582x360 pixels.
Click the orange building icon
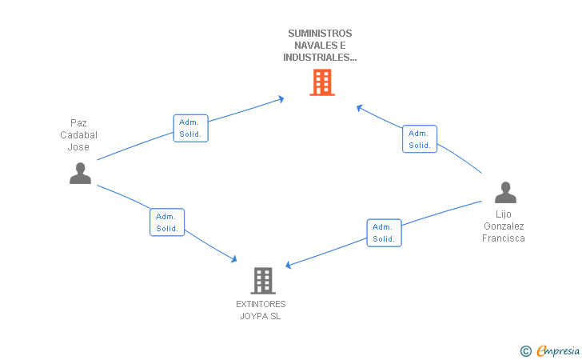[322, 82]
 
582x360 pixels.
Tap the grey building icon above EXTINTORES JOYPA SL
[263, 281]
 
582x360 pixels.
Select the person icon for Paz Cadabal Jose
[80, 173]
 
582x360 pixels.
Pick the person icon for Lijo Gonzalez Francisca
[505, 193]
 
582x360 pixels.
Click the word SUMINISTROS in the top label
[320, 34]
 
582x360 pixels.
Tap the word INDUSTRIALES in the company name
[317, 58]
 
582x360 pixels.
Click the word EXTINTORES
[261, 304]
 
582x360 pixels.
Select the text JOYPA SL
[261, 316]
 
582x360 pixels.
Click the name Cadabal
[78, 135]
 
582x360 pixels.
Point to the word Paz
[78, 123]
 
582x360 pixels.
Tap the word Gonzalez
[504, 226]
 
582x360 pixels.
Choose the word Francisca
[504, 238]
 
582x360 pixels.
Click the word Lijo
[504, 214]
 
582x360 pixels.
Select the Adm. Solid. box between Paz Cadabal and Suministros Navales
[191, 128]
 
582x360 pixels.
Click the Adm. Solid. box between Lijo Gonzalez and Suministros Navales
[420, 139]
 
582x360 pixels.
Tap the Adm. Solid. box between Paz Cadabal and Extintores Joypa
[167, 222]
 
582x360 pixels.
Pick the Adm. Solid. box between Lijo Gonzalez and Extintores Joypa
[385, 233]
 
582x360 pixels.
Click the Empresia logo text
[558, 350]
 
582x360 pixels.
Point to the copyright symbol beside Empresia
[526, 351]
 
